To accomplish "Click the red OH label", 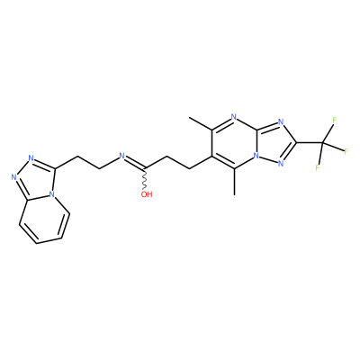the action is pos(147,194).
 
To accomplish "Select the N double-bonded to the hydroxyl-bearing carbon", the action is pos(121,156).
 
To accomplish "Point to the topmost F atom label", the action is pos(334,120).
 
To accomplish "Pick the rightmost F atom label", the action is pos(346,151).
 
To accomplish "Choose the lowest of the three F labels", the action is pos(318,168).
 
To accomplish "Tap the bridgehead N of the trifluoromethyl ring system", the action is pos(256,156).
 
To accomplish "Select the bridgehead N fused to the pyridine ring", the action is pos(52,194).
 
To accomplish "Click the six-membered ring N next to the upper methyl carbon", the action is pos(234,117).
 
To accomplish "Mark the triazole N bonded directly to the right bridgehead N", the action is pos(281,164).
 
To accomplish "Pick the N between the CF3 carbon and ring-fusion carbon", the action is pos(281,121).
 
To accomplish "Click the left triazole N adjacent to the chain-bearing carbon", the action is pos(31,157).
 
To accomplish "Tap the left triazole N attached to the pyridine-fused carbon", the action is pos(13,177).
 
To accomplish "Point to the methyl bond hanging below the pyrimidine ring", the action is pos(234,182).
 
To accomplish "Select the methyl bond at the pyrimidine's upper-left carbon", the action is pos(201,124).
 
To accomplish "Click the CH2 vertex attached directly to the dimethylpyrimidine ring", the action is pos(189,168).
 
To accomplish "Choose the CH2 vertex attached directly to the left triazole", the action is pos(77,156).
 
